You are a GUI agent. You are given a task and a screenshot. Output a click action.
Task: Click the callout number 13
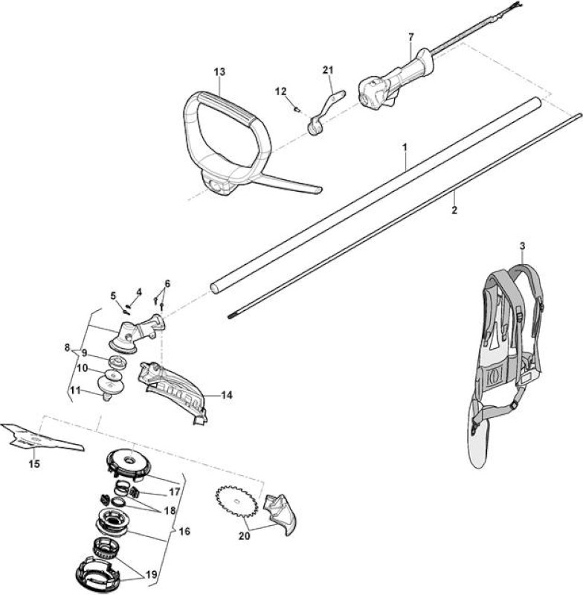click(x=219, y=71)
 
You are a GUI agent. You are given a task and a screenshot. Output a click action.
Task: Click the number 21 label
click(x=328, y=70)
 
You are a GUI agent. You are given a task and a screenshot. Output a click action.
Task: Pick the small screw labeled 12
click(x=297, y=110)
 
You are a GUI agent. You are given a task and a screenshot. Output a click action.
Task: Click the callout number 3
click(x=522, y=246)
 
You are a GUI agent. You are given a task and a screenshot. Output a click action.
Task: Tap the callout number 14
click(x=227, y=396)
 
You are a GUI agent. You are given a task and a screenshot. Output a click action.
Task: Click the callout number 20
click(x=245, y=536)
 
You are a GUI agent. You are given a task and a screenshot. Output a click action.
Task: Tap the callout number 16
click(x=184, y=531)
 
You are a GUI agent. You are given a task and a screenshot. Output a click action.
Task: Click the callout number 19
click(x=152, y=575)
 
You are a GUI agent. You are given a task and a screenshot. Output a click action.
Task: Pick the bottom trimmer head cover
click(x=98, y=572)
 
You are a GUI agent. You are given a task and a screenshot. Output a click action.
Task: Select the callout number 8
click(x=67, y=347)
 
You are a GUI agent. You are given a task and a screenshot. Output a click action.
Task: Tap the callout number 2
click(x=454, y=210)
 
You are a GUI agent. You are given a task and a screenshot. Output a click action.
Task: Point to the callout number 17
click(x=175, y=492)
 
